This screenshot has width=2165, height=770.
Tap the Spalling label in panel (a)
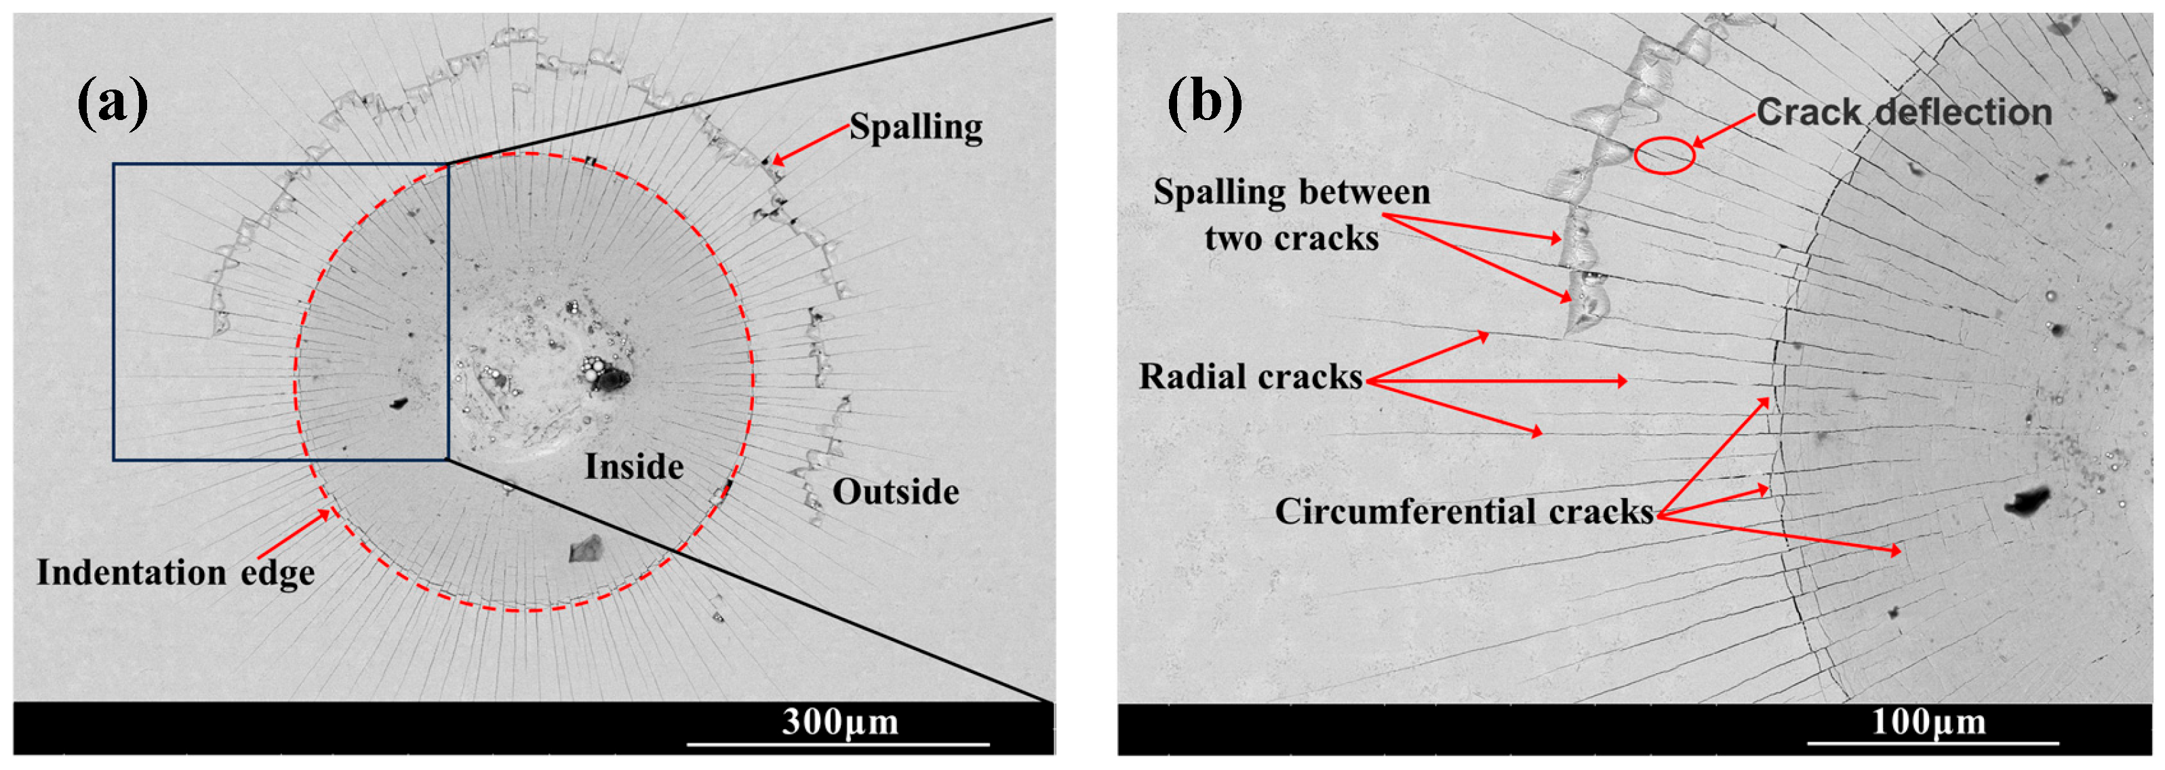[915, 127]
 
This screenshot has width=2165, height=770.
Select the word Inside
[634, 467]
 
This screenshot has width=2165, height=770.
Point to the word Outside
[895, 492]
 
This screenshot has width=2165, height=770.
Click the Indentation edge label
[176, 573]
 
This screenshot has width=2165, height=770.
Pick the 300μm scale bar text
[839, 721]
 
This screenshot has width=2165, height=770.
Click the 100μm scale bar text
[1928, 721]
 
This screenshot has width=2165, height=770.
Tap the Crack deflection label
[1904, 112]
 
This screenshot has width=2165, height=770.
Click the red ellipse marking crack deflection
[1664, 155]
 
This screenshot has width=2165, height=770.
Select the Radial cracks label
[1250, 377]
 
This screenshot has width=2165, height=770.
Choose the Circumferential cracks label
[1464, 511]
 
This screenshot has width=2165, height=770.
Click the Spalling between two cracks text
[1291, 215]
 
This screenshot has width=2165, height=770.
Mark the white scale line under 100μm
[1932, 743]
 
